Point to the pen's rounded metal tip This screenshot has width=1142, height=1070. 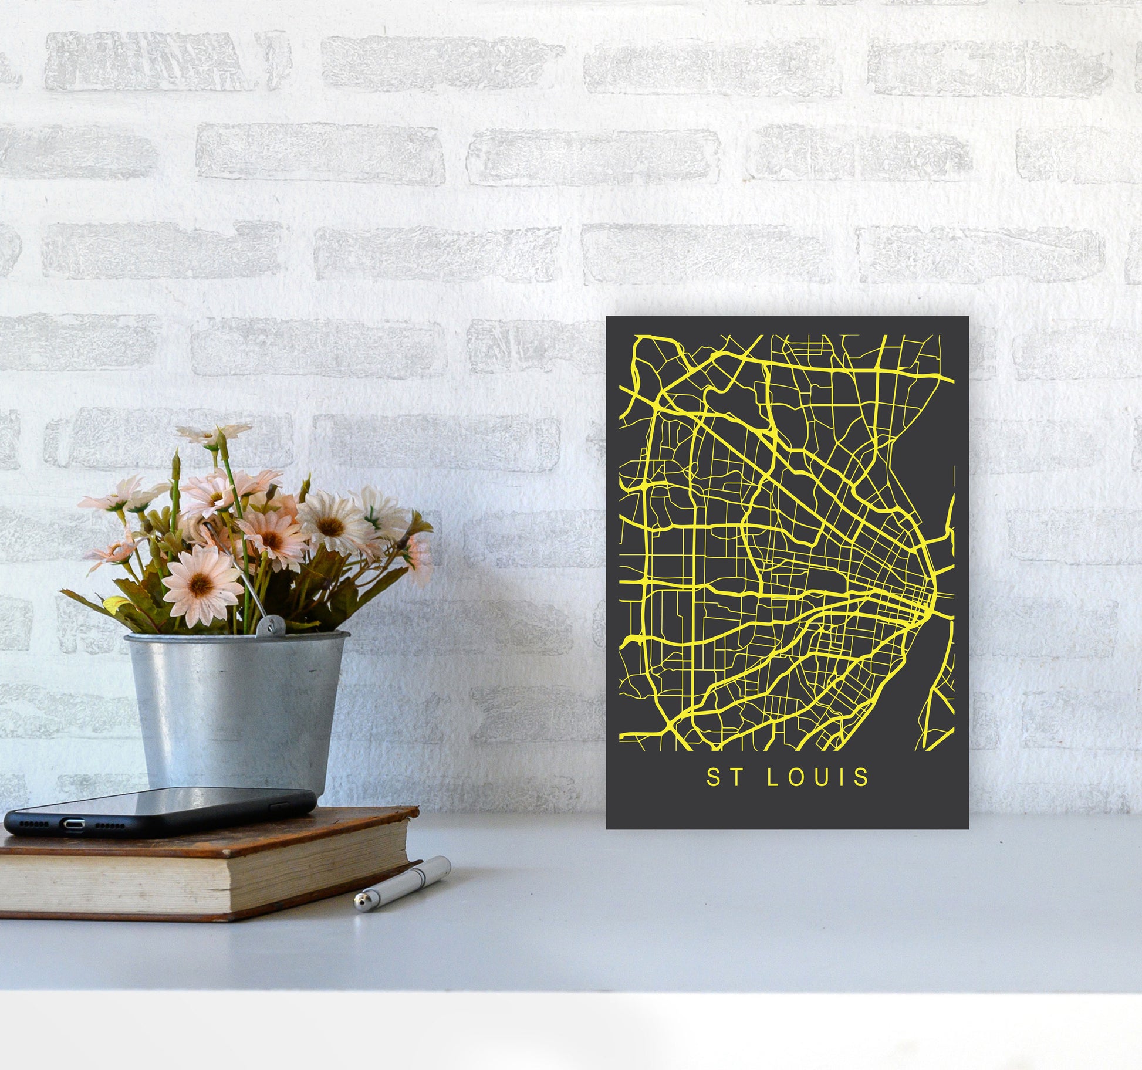tap(361, 906)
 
